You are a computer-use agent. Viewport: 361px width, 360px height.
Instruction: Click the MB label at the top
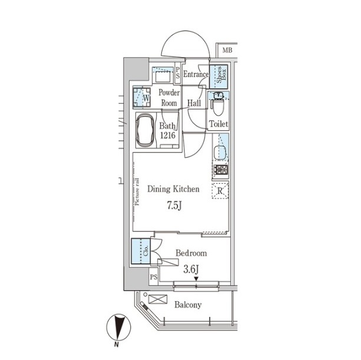(x=227, y=50)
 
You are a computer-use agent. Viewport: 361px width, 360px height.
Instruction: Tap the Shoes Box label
(x=221, y=75)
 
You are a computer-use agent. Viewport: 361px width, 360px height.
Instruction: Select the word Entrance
(x=196, y=74)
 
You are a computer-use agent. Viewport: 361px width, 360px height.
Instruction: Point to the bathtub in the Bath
(x=145, y=130)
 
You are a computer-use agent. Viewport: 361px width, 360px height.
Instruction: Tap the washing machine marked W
(x=142, y=98)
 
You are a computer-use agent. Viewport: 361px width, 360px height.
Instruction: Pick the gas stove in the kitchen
(x=221, y=170)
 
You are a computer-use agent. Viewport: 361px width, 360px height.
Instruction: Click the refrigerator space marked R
(x=220, y=191)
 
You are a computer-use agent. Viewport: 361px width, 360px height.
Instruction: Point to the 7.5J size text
(x=174, y=206)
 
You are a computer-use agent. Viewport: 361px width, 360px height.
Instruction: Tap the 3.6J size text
(x=191, y=269)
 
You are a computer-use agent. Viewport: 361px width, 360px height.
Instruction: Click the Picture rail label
(x=137, y=192)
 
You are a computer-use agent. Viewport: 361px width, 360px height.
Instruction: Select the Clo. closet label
(x=146, y=250)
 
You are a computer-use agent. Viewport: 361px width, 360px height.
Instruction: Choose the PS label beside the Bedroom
(x=154, y=276)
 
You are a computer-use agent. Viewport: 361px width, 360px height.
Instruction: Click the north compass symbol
(x=118, y=328)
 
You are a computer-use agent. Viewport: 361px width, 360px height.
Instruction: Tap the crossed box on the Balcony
(x=158, y=299)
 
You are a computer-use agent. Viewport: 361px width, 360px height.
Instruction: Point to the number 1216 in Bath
(x=168, y=135)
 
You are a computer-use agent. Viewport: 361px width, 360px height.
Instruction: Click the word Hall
(x=194, y=103)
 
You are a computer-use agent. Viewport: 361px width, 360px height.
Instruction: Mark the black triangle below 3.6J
(x=196, y=279)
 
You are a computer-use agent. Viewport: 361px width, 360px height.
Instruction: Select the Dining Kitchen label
(x=173, y=189)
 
